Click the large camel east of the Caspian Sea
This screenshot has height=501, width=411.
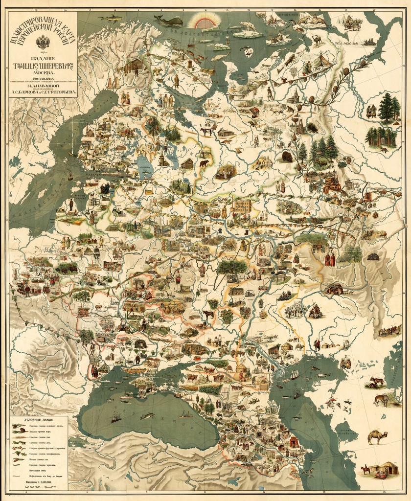(377, 436)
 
